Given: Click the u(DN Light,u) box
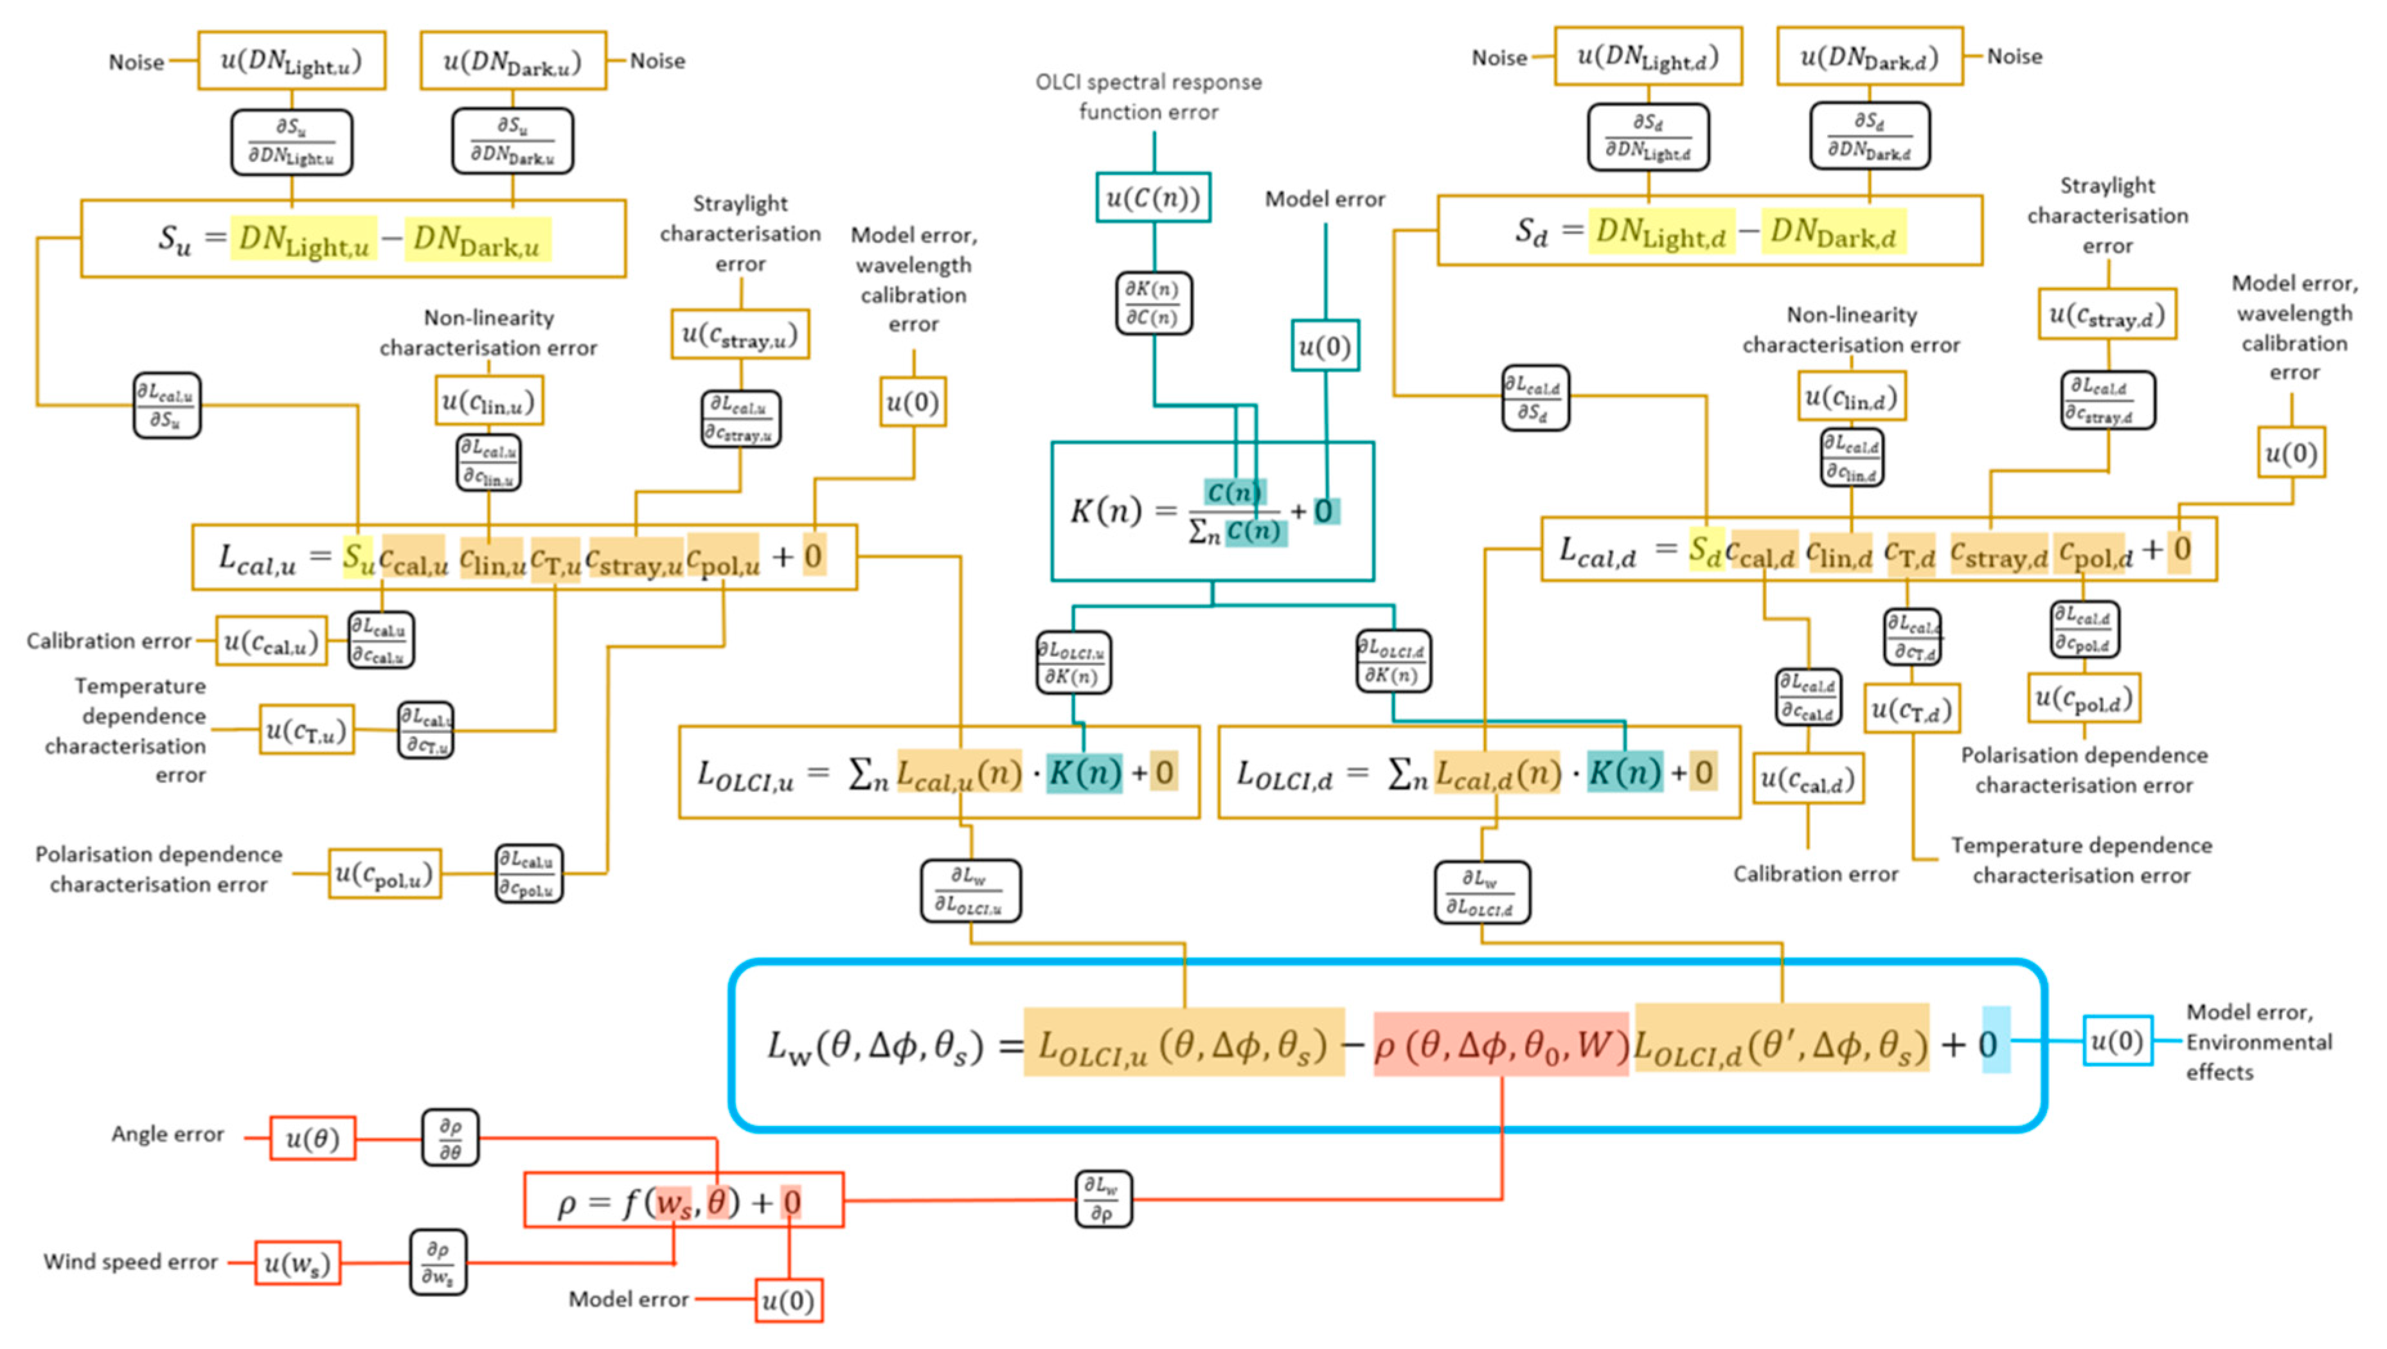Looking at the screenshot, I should [x=291, y=61].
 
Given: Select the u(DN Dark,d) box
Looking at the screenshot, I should [x=1869, y=57].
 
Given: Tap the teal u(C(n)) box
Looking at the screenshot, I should [x=1153, y=197].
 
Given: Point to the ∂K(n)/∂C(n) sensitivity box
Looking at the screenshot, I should [x=1153, y=303].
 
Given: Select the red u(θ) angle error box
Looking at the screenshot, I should [x=312, y=1138].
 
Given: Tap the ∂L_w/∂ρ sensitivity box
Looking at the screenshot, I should [x=1103, y=1199].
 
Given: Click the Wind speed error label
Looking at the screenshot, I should [x=130, y=1262].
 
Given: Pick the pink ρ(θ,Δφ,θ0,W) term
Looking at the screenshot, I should [x=1500, y=1044].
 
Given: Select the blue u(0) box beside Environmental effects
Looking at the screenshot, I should [x=2116, y=1041].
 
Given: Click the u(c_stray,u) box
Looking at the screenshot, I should [x=740, y=334].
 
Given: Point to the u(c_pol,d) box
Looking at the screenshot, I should [x=2083, y=698].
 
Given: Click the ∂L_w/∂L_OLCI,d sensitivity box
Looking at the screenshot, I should [x=1481, y=892].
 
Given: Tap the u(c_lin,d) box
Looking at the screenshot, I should [x=1850, y=397].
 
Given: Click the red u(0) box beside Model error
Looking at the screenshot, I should [x=788, y=1300].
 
